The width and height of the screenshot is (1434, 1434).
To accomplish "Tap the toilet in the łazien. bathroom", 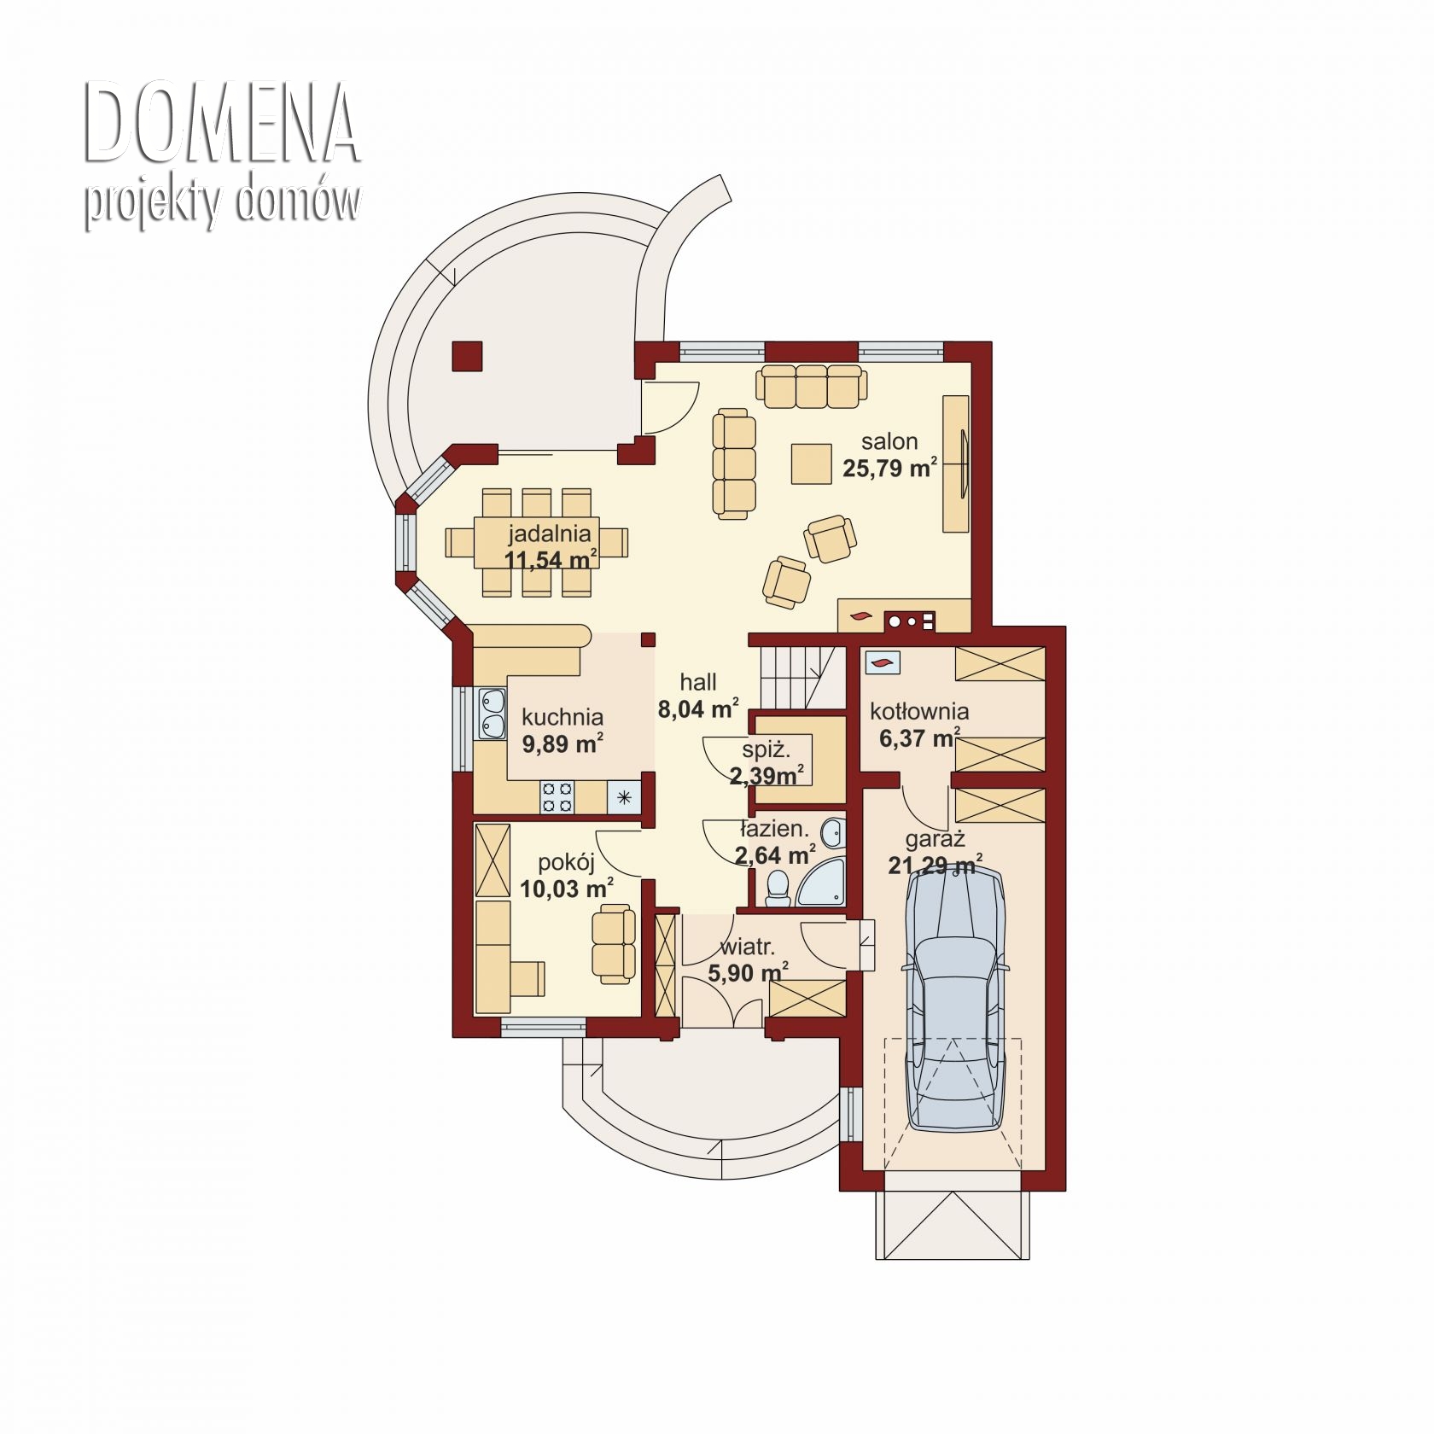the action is coord(778,888).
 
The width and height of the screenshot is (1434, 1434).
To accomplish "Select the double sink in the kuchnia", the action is coord(493,714).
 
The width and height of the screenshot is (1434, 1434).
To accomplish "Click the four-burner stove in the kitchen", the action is coord(557,797).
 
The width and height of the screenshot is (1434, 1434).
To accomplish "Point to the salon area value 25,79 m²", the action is coord(890,468).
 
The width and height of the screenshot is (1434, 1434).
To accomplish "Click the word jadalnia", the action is coord(550,533).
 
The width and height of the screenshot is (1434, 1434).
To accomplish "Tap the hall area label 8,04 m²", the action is coord(698,708).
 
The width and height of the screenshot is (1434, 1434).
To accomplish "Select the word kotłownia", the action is coord(919,711).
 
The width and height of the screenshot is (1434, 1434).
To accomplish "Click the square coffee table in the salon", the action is coord(811,463).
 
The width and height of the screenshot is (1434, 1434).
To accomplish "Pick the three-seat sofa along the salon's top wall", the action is coord(811,387).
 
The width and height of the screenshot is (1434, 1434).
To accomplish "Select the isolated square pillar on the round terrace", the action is coord(467,356).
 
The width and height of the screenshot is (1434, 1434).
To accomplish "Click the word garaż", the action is coord(935,840).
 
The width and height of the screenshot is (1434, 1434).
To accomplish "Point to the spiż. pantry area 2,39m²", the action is coord(767,776).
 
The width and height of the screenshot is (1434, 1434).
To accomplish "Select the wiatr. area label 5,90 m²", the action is coord(748,972).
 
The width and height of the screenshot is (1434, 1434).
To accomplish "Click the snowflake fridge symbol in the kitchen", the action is coord(624,797).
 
